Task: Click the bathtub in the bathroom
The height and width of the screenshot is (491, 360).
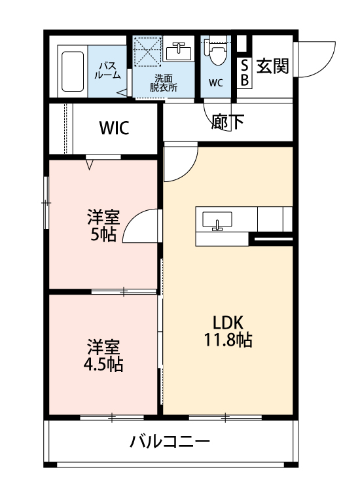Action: (73, 71)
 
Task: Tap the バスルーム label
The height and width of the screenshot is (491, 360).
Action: (107, 70)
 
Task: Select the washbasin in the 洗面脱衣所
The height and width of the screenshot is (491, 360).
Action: (179, 51)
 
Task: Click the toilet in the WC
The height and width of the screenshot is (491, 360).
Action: (216, 50)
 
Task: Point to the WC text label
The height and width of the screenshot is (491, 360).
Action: (216, 83)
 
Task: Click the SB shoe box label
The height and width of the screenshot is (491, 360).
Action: (245, 73)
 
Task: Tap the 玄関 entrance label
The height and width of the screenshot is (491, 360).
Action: (272, 66)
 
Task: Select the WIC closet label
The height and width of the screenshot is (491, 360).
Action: (115, 128)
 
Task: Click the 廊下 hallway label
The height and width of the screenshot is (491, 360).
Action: (228, 122)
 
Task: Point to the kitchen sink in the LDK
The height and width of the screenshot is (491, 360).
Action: (217, 219)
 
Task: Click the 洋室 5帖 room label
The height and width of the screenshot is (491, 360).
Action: (103, 225)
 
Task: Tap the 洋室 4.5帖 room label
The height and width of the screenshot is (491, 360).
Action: (103, 355)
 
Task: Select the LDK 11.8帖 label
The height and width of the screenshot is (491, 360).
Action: (228, 331)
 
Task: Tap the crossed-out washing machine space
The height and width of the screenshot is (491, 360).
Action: (148, 51)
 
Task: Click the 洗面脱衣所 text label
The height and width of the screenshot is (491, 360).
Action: (163, 83)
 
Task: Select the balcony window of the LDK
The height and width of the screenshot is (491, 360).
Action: (225, 417)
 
